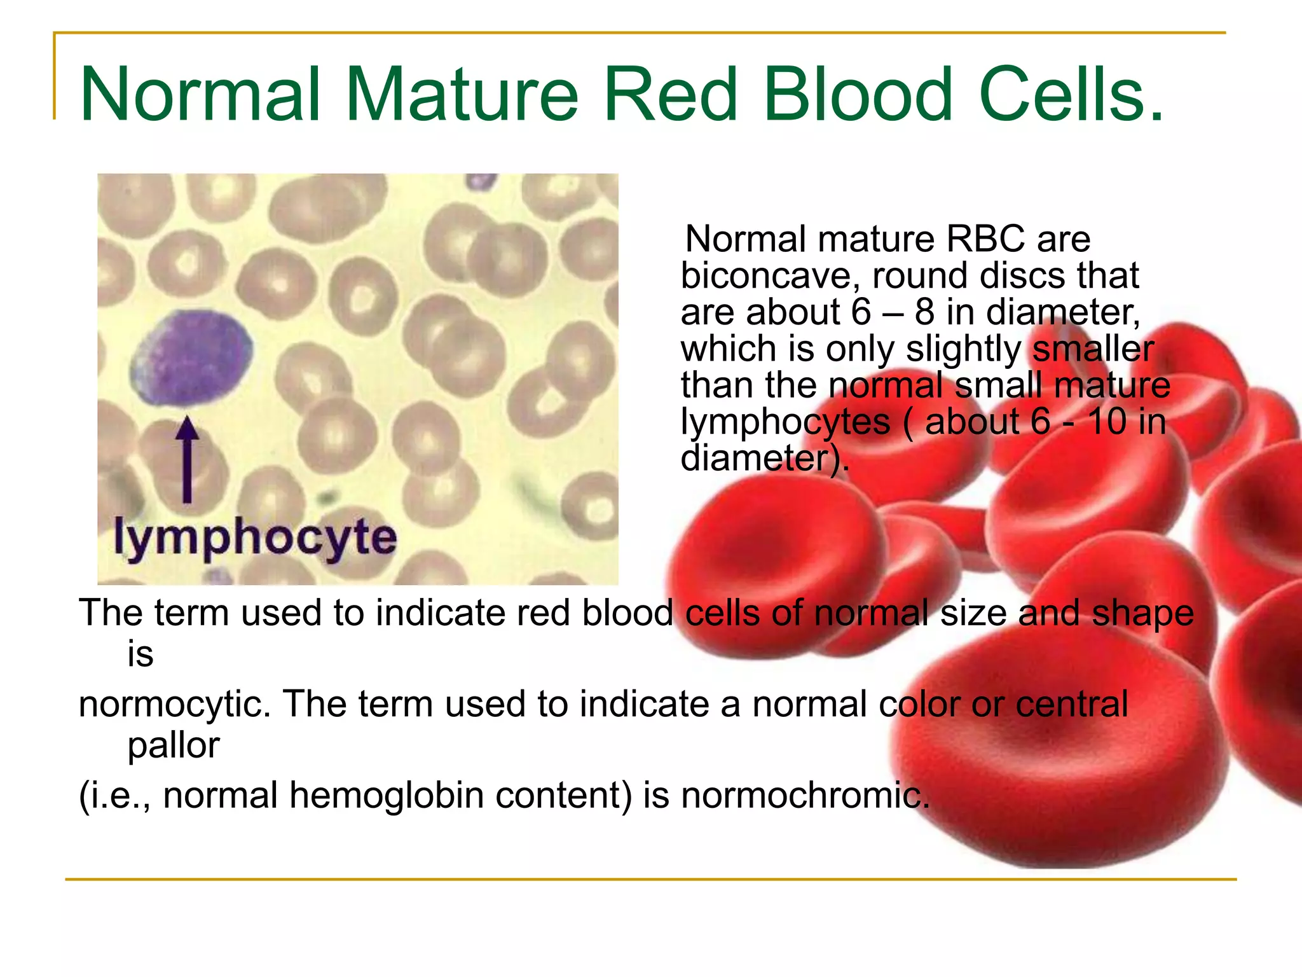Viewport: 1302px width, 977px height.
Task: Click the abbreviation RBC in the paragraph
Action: [985, 239]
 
